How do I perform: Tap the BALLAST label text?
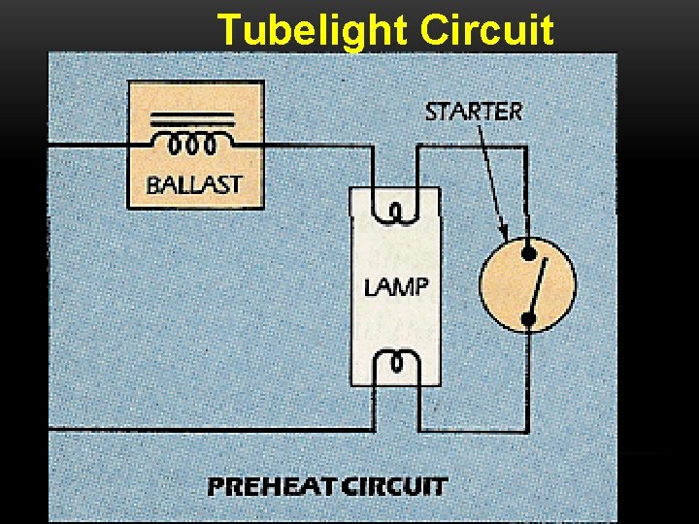click(194, 184)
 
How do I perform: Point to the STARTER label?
click(474, 111)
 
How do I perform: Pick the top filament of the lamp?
click(396, 210)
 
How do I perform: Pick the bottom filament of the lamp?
click(396, 363)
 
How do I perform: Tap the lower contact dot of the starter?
click(529, 316)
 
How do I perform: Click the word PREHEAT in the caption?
click(274, 486)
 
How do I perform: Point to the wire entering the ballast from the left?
click(87, 145)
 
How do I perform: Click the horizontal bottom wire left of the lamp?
click(214, 430)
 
